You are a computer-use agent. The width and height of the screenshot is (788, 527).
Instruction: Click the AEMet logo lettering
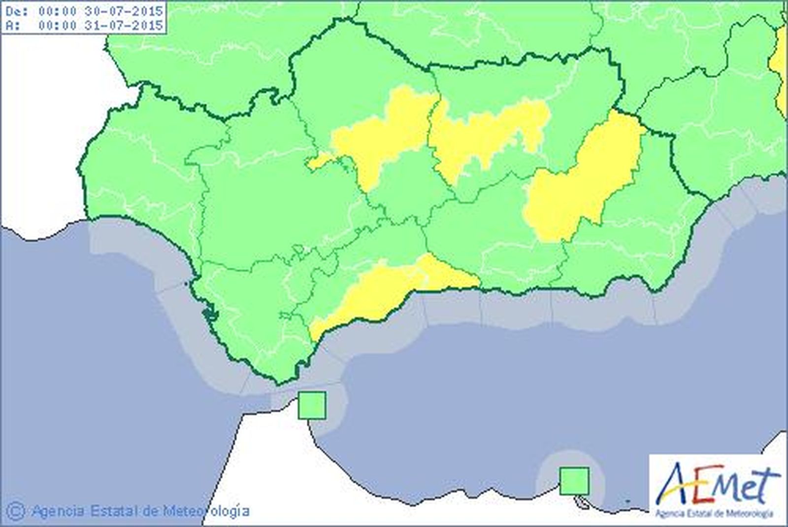[720, 485]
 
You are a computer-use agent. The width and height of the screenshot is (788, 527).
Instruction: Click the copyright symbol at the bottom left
[16, 511]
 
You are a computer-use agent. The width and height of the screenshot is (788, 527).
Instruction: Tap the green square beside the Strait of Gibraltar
[312, 405]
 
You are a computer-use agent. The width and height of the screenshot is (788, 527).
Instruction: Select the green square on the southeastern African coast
[574, 481]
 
